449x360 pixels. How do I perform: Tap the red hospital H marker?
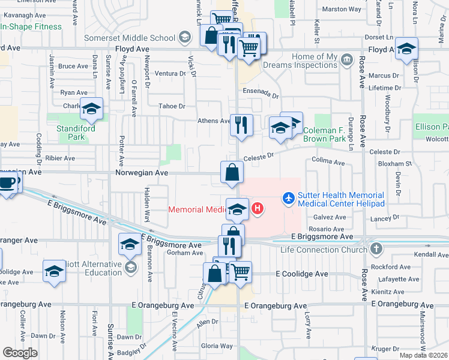(x=258, y=209)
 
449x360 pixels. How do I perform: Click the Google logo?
(x=20, y=353)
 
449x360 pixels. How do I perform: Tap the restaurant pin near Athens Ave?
(x=241, y=124)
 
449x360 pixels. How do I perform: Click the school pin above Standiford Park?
(x=92, y=109)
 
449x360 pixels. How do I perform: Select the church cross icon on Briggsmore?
(x=376, y=248)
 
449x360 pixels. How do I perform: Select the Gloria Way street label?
(x=217, y=346)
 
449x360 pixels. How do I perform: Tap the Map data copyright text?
(x=424, y=355)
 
